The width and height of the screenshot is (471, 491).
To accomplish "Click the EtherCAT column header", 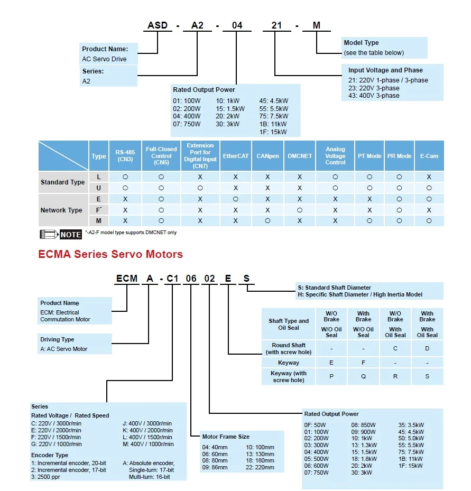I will click(x=235, y=156).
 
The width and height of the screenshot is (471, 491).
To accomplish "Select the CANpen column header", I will click(x=267, y=156).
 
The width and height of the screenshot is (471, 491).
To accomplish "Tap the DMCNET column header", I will click(x=300, y=156).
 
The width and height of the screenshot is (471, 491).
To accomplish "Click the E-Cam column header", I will click(x=429, y=156).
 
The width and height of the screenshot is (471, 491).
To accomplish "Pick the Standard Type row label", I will click(x=62, y=182).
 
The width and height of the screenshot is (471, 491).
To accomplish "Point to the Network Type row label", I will click(x=61, y=210).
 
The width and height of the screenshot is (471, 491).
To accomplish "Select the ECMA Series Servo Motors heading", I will click(x=110, y=254).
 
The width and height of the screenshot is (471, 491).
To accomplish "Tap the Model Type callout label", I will click(x=361, y=43).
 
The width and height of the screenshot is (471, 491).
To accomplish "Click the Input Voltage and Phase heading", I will click(x=385, y=70).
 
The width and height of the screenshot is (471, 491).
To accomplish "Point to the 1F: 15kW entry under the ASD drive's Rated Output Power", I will click(x=273, y=132).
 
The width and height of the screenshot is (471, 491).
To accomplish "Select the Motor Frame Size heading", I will click(x=226, y=437).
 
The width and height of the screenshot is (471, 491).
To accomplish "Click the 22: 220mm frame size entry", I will click(x=260, y=468).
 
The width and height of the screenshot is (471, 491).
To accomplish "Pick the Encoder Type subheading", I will click(x=50, y=455).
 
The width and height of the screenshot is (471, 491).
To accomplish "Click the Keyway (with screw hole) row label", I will click(x=289, y=376).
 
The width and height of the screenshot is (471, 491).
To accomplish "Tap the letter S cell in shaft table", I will click(x=427, y=376).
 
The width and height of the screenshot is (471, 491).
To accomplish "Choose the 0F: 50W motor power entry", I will click(x=316, y=424).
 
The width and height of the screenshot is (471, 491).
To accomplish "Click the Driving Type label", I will click(x=57, y=339).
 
